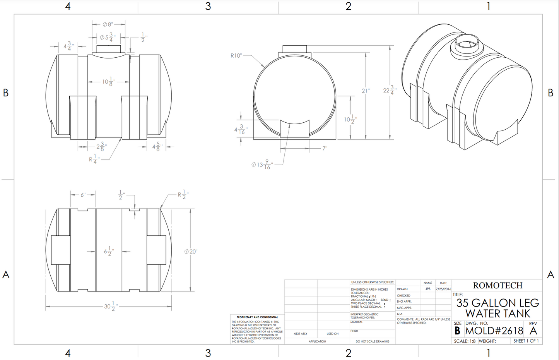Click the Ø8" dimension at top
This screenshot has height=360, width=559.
coord(108,24)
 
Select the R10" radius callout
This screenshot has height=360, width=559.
coord(236,56)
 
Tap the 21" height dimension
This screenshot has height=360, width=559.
coord(366,91)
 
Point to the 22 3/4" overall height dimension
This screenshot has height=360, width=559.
coord(389,90)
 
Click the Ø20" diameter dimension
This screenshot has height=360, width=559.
coord(191,252)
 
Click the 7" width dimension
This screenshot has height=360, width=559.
coord(325,148)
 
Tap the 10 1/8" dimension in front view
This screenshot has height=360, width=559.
coord(108,82)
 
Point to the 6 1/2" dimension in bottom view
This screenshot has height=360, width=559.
coord(109,251)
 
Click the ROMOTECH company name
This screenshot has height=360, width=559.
coord(497,286)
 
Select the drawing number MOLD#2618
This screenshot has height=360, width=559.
coord(494,331)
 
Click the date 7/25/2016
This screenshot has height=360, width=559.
coord(443,289)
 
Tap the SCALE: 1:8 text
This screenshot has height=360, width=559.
coord(465,341)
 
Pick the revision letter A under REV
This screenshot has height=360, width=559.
coord(533,331)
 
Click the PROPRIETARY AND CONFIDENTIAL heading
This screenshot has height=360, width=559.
coord(257,317)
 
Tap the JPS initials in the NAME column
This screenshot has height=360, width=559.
coord(428,289)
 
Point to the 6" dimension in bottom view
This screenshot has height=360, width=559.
coord(83,195)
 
